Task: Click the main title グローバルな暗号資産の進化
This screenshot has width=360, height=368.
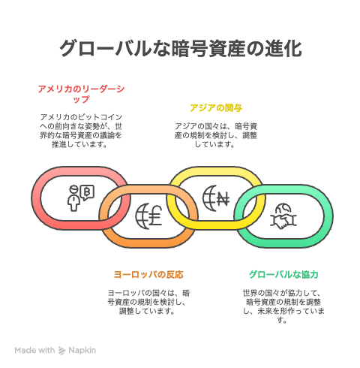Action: point(181,48)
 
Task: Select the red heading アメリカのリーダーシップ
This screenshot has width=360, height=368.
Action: point(81,94)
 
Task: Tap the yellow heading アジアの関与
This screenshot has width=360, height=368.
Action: point(216,108)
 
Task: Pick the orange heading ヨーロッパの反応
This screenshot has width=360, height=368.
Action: point(148,275)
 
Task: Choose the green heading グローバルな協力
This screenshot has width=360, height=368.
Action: point(283,275)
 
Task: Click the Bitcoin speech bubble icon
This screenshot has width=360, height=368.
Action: point(87,192)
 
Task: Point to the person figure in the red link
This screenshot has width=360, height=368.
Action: point(73,198)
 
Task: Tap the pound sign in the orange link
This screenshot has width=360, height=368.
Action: point(156,216)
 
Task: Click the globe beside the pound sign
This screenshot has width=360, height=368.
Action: point(142,216)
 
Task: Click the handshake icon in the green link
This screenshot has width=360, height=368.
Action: point(283,221)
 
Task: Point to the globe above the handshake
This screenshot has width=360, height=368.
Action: point(283,208)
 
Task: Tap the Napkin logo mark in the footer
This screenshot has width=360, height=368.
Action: point(61,351)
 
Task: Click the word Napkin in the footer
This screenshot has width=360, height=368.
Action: point(82,351)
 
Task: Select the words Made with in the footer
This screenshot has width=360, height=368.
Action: point(34,350)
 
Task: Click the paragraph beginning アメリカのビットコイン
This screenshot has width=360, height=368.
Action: point(81,131)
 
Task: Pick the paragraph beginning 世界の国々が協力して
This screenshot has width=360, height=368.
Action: point(283,306)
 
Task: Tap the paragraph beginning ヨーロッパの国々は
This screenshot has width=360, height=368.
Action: point(148,302)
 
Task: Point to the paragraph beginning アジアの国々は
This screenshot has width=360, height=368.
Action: point(216,135)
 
